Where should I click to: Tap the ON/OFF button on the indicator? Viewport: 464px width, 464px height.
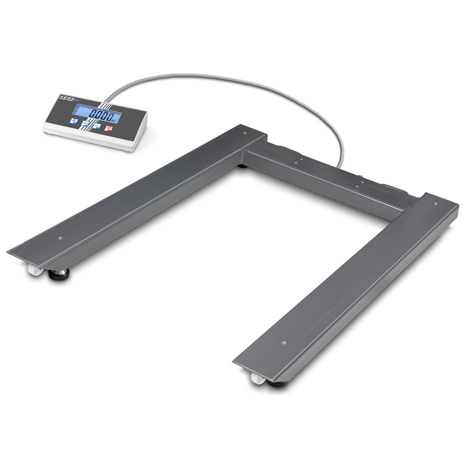[73, 122]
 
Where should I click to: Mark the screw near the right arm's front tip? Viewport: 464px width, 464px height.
[285, 342]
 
